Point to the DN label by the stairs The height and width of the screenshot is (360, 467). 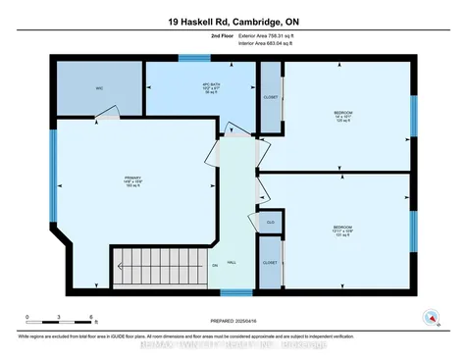213,265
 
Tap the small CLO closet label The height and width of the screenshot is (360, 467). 270,223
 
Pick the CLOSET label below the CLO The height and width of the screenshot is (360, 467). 270,263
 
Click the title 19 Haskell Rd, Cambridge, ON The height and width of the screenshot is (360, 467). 233,19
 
